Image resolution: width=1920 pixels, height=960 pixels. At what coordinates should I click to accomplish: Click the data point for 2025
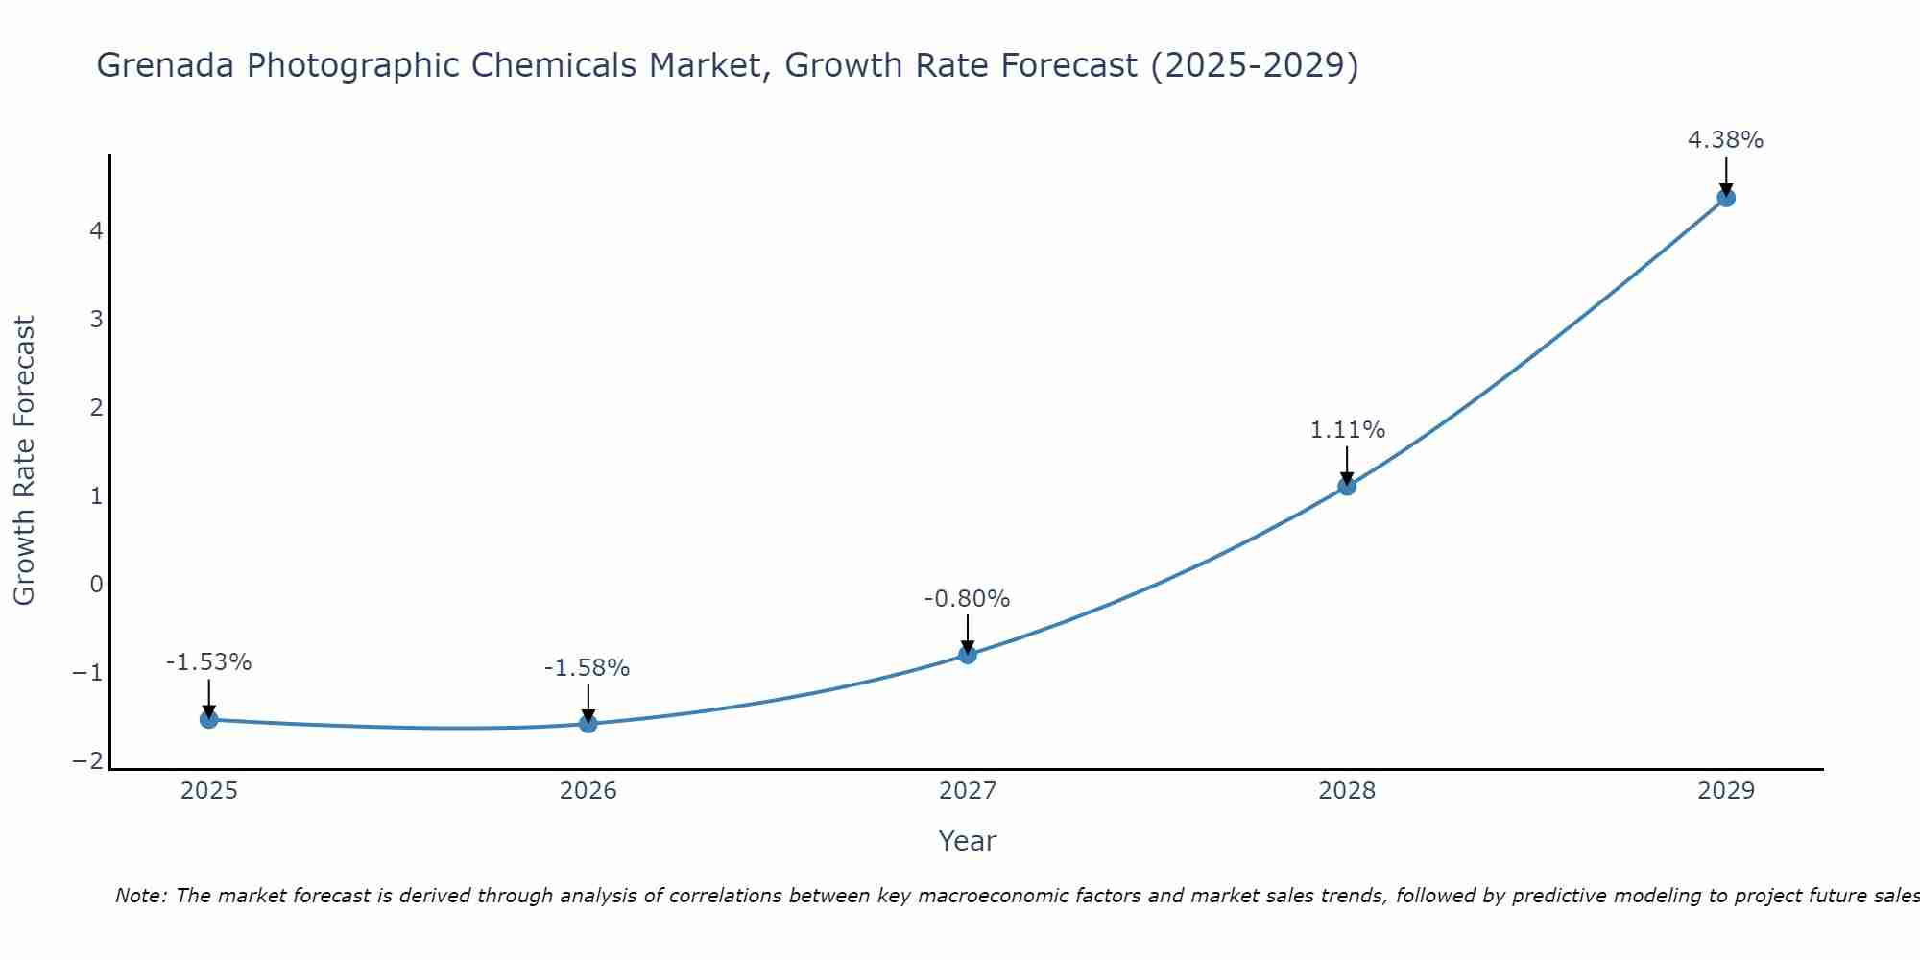click(209, 719)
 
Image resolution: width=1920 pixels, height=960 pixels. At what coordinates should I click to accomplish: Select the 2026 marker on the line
click(588, 724)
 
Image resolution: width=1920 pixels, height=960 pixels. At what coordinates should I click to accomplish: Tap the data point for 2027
click(968, 655)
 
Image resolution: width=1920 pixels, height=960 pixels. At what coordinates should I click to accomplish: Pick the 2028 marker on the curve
click(1347, 486)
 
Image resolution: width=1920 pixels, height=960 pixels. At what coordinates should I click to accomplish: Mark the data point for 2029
click(1726, 198)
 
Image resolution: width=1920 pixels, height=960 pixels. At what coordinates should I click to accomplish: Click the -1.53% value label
click(208, 662)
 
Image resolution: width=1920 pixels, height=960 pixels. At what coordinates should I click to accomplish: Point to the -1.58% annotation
click(587, 668)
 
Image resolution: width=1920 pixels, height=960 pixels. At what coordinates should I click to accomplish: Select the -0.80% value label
click(967, 599)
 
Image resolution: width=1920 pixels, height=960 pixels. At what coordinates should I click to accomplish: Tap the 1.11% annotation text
click(1347, 430)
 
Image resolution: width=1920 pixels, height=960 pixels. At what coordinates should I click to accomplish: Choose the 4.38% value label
click(1725, 140)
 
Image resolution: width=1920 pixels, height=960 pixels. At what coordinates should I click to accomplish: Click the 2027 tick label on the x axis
click(968, 791)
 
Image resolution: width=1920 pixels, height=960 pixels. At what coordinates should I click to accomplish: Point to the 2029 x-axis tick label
click(1726, 791)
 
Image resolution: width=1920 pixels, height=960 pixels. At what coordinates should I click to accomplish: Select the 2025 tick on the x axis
click(209, 791)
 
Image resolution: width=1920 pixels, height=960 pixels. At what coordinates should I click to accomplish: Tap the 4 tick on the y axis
click(96, 230)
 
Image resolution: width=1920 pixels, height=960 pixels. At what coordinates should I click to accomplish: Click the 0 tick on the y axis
click(96, 584)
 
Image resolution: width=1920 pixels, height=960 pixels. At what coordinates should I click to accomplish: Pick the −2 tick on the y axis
click(88, 760)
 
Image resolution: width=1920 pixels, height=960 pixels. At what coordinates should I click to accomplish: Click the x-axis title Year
click(968, 841)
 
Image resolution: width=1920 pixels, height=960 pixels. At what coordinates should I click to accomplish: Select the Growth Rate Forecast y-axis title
click(24, 461)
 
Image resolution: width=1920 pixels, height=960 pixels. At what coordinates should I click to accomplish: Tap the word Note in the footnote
click(140, 896)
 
